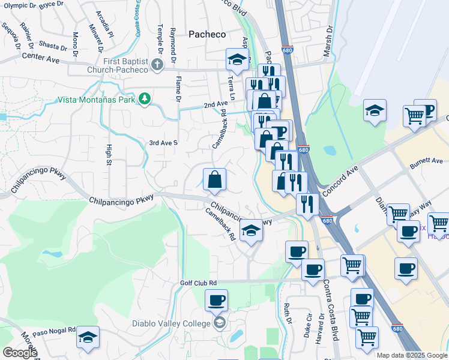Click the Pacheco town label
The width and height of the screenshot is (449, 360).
[x=207, y=34]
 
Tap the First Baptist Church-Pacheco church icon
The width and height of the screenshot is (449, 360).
[x=157, y=65]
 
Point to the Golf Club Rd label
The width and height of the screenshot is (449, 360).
[x=198, y=283]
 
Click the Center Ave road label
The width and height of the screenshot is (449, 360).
[x=41, y=58]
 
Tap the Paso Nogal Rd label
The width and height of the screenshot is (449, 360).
[x=54, y=331]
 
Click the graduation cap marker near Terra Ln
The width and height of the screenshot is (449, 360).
[x=237, y=59]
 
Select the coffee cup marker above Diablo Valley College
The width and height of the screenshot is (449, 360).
[x=216, y=300]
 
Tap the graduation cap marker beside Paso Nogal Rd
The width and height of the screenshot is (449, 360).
[x=88, y=338]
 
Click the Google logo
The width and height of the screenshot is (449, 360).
[x=19, y=353]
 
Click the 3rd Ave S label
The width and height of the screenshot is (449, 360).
[x=163, y=143]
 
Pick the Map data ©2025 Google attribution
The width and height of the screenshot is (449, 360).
[x=412, y=355]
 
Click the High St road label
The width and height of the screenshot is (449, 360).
[x=109, y=154]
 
